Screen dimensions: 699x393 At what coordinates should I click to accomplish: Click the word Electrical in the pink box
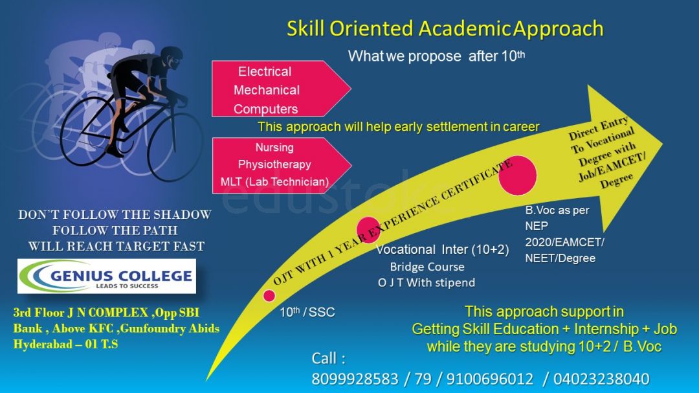264,71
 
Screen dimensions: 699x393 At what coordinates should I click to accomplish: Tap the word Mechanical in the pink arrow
267,90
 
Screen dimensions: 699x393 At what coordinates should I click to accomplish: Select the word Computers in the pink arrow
266,109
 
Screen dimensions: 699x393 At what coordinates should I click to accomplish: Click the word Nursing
274,148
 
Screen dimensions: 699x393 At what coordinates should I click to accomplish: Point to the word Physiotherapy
274,164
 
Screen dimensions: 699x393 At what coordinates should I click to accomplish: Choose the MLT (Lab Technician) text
274,181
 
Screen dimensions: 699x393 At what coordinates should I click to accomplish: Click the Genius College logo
107,276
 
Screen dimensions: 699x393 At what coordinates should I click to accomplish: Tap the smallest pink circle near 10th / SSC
269,295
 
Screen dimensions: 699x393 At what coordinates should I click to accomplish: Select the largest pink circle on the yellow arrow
518,175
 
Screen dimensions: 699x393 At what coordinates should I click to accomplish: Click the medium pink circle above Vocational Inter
368,230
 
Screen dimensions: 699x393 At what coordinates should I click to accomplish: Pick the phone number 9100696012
489,379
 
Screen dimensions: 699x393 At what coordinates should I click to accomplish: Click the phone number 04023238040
601,379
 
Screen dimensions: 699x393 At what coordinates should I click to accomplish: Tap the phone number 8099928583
355,379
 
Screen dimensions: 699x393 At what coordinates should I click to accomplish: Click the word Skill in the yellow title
305,28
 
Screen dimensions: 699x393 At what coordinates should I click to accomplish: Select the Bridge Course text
427,267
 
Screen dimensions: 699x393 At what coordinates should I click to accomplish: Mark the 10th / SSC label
307,311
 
